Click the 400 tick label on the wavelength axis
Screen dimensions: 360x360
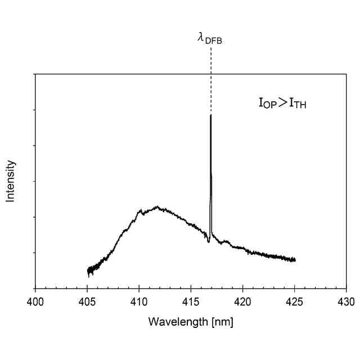click(35, 302)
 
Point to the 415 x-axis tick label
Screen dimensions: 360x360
click(191, 302)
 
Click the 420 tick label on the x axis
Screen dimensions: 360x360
click(242, 302)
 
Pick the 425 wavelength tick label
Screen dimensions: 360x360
click(294, 302)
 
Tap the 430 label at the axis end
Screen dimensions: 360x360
click(345, 302)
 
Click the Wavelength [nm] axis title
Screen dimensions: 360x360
click(190, 322)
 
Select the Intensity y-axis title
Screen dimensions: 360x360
click(11, 181)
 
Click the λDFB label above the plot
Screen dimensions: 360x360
click(210, 38)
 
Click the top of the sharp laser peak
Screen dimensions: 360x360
click(210, 115)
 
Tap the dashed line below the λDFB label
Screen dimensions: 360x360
click(211, 79)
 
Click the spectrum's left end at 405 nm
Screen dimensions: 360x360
click(88, 272)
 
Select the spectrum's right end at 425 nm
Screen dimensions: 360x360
click(295, 260)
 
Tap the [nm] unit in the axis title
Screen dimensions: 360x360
click(220, 322)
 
